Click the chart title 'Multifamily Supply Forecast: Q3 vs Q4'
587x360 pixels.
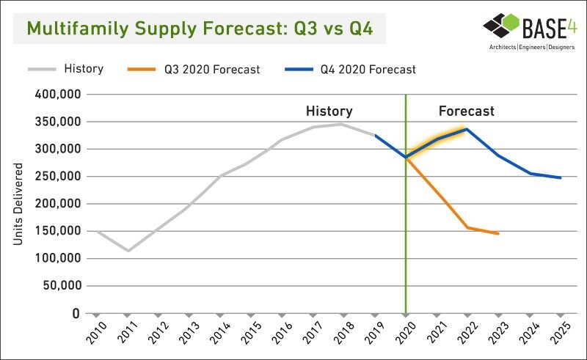(200, 29)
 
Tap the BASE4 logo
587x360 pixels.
(530, 31)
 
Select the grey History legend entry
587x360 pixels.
(66, 69)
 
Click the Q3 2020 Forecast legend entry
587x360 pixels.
(194, 69)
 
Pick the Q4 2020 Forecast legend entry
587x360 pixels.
(351, 69)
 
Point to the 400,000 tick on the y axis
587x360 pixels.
(58, 94)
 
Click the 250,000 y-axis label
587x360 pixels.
(58, 176)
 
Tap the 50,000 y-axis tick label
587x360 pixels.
(62, 285)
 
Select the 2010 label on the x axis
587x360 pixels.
(96, 332)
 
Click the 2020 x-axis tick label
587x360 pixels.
(406, 332)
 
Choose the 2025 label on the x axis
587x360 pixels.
(561, 332)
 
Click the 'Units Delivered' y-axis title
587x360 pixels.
(18, 204)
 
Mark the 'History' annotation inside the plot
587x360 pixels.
(329, 111)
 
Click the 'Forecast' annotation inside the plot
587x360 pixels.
(467, 111)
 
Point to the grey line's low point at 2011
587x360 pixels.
(128, 251)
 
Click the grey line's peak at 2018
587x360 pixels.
(340, 124)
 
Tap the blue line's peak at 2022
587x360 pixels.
(467, 129)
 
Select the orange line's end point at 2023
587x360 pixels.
(498, 233)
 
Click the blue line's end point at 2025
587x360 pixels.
(561, 177)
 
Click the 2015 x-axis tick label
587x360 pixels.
(251, 332)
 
